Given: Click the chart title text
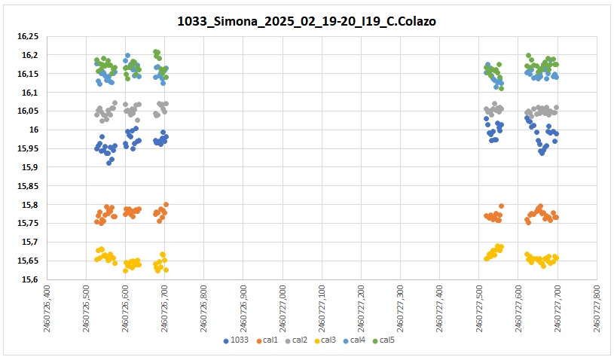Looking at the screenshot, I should [307, 22].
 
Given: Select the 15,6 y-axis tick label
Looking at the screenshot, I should [29, 279].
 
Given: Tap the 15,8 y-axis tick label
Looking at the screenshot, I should [29, 205].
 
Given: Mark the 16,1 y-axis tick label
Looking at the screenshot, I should [29, 93].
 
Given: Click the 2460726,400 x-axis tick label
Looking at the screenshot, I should [48, 306].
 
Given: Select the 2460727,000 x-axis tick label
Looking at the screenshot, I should [283, 306].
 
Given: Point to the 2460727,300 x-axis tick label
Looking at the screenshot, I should [400, 306].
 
